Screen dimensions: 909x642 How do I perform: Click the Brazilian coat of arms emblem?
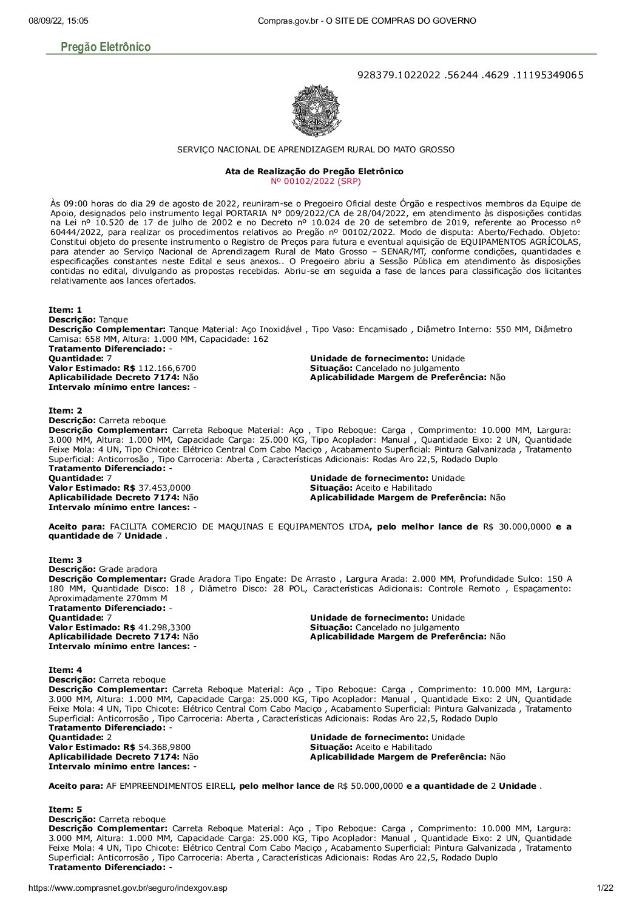(x=316, y=111)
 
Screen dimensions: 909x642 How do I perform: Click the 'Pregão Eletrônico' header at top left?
(x=106, y=47)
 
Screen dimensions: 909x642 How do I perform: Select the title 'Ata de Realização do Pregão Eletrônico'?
(x=314, y=172)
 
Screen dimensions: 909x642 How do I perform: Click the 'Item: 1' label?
(x=65, y=310)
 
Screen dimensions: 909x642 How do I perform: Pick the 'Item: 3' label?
(x=65, y=560)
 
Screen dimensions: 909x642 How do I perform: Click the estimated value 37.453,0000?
(x=164, y=488)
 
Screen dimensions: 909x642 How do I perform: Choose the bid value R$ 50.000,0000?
(x=370, y=786)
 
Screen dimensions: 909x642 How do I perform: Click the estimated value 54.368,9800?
(x=164, y=747)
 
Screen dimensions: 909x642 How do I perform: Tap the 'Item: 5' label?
(x=65, y=809)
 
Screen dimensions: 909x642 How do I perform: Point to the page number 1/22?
(x=605, y=888)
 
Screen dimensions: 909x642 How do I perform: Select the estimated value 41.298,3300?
(x=164, y=627)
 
